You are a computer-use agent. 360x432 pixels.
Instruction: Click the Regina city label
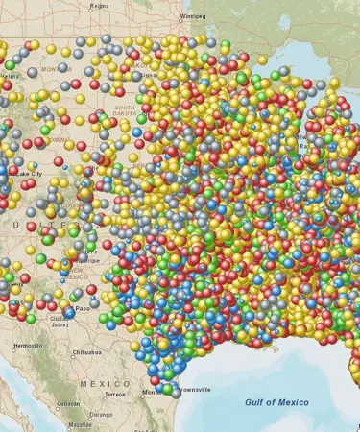coord(100,5)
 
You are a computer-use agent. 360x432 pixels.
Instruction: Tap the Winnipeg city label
coord(193,16)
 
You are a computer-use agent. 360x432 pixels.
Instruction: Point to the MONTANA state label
coord(57,69)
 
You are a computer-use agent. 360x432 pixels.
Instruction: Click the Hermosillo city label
coord(28,345)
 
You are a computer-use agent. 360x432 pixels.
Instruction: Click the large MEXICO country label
coord(105,384)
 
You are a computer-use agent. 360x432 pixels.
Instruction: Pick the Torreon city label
coord(115,395)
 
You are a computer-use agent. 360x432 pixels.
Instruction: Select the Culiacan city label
coord(68,403)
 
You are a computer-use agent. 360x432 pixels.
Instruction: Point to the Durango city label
coord(101,415)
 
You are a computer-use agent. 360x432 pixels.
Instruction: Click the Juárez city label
coord(60,324)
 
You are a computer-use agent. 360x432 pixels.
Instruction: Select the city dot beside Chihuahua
coord(71,353)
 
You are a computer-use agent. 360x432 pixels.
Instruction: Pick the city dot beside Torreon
coord(104,395)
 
